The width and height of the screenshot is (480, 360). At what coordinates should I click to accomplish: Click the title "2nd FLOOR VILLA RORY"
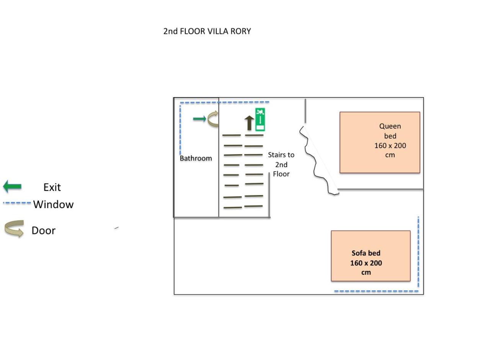pos(207,31)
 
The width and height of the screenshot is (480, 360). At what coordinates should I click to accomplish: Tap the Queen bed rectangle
pos(380,143)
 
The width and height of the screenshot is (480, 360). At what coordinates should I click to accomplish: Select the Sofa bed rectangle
pos(371,256)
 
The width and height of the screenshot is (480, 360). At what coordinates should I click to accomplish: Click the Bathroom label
pos(196,158)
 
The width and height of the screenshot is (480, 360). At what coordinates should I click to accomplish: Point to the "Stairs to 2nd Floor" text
pos(281,164)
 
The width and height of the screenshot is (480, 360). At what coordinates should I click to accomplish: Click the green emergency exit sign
pos(260,120)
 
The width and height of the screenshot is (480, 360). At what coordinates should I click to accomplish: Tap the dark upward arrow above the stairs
pos(249,123)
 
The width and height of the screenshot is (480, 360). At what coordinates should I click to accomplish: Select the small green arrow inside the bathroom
pos(199,119)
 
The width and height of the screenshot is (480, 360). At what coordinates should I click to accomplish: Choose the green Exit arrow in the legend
pos(12,186)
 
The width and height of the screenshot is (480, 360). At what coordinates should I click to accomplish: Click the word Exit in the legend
pos(52,187)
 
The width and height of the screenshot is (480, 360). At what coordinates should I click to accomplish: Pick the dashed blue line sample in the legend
pos(17,203)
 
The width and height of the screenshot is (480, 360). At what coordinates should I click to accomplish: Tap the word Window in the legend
pos(53,204)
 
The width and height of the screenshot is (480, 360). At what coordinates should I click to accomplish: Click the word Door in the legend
pos(44,230)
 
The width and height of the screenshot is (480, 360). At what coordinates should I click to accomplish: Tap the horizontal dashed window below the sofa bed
pos(376,291)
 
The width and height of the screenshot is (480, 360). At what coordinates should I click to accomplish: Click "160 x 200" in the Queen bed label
pos(390,145)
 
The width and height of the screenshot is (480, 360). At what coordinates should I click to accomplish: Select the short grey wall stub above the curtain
pos(305,111)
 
